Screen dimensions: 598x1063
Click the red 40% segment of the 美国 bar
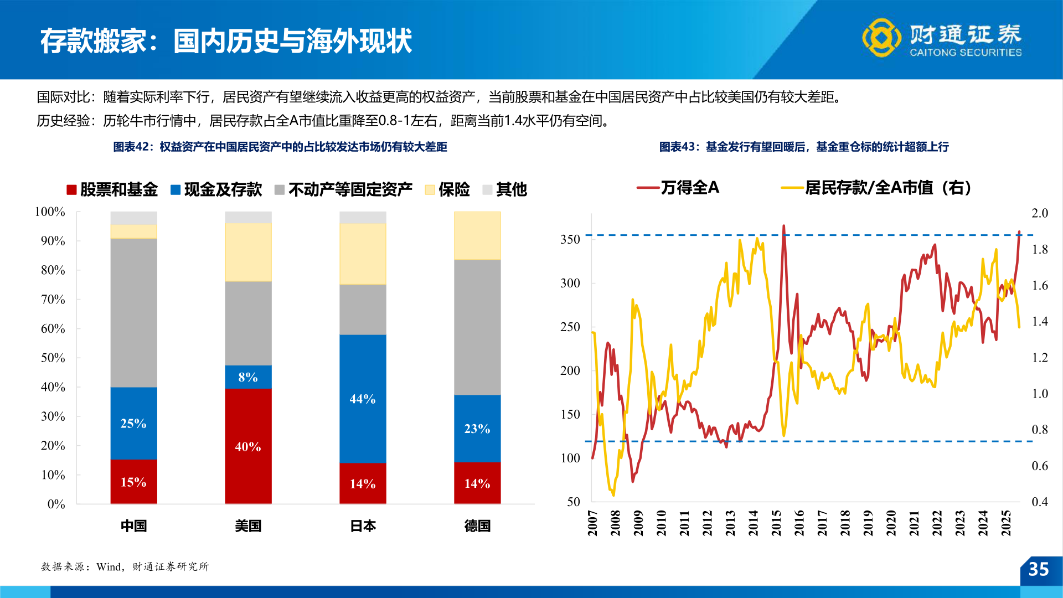[248, 446]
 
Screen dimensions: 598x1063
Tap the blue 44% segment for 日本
[363, 399]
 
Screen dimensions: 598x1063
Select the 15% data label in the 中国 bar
[133, 482]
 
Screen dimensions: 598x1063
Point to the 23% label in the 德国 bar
[477, 429]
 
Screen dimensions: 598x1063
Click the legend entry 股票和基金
[112, 189]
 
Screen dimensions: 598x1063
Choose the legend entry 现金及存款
[216, 189]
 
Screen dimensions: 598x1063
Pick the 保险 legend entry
[447, 189]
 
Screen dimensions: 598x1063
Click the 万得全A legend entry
[678, 188]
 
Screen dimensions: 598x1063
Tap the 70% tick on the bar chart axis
[53, 300]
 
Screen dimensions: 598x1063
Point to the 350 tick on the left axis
[570, 239]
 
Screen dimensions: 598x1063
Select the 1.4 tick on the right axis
[1040, 321]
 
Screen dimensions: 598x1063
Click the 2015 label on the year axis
[776, 523]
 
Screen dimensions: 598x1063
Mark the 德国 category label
[477, 525]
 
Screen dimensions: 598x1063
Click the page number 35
[1039, 569]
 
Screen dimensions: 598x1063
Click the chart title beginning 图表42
[280, 147]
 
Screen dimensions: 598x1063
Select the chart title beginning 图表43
[804, 147]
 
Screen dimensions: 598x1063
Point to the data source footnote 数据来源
[125, 566]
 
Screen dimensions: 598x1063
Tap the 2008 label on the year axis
[615, 523]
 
